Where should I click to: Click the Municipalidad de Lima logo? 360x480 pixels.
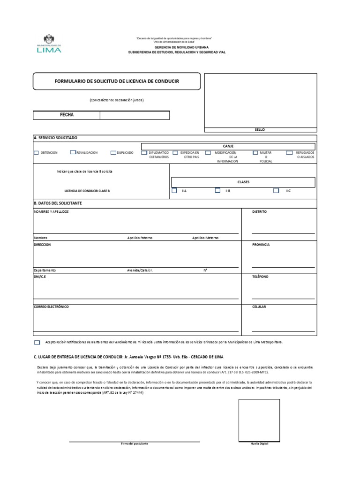point(49,44)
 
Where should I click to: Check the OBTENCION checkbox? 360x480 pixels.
point(37,153)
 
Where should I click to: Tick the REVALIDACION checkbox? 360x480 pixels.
point(73,152)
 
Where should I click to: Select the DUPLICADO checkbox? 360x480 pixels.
point(113,152)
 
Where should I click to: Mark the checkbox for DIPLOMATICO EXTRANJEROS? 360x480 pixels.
point(144,153)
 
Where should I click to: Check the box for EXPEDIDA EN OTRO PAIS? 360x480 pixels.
point(175,152)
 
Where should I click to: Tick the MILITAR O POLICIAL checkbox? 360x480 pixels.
point(255,152)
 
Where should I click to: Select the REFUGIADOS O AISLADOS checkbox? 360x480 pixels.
point(290,152)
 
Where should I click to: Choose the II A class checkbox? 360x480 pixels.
point(174,190)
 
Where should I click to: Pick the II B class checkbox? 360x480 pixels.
point(217,190)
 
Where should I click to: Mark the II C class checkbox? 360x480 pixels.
point(276,190)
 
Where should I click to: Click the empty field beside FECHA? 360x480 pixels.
point(135,115)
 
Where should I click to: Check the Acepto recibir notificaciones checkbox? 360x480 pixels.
point(37,343)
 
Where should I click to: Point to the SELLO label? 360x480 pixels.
point(260,129)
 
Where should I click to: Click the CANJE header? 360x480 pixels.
point(228,146)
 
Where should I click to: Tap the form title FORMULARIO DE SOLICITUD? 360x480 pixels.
point(117,81)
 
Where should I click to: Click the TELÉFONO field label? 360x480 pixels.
point(260,277)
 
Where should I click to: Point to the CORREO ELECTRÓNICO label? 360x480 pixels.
point(51,307)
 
